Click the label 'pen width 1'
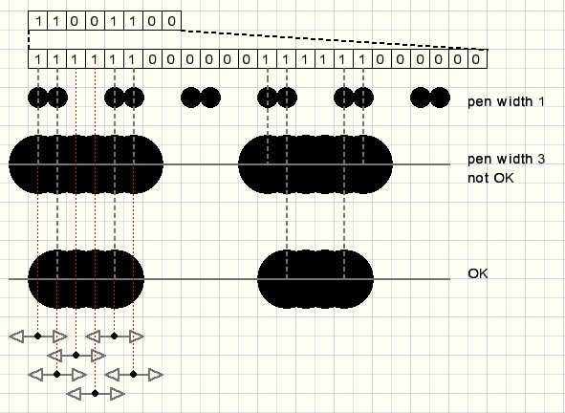pos(506,101)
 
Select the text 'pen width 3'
pos(507,159)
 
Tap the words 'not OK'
pos(490,178)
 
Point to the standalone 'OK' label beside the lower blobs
pos(478,273)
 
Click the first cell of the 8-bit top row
pos(38,21)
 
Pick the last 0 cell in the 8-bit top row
pos(171,21)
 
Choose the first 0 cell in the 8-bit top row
pos(76,21)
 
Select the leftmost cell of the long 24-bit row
pos(38,59)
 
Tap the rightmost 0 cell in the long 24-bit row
pos(477,59)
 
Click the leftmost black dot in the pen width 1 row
pos(37,98)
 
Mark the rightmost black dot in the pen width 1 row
pos(441,98)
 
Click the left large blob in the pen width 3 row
pos(86,164)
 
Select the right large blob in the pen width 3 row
pos(315,164)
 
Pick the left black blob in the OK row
pos(86,279)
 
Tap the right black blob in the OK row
pos(315,279)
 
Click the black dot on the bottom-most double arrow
pos(96,394)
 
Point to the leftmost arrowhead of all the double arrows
pos(16,337)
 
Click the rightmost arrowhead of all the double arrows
pos(156,375)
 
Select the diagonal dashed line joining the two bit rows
pos(335,40)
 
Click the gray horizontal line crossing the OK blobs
pos(229,279)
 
